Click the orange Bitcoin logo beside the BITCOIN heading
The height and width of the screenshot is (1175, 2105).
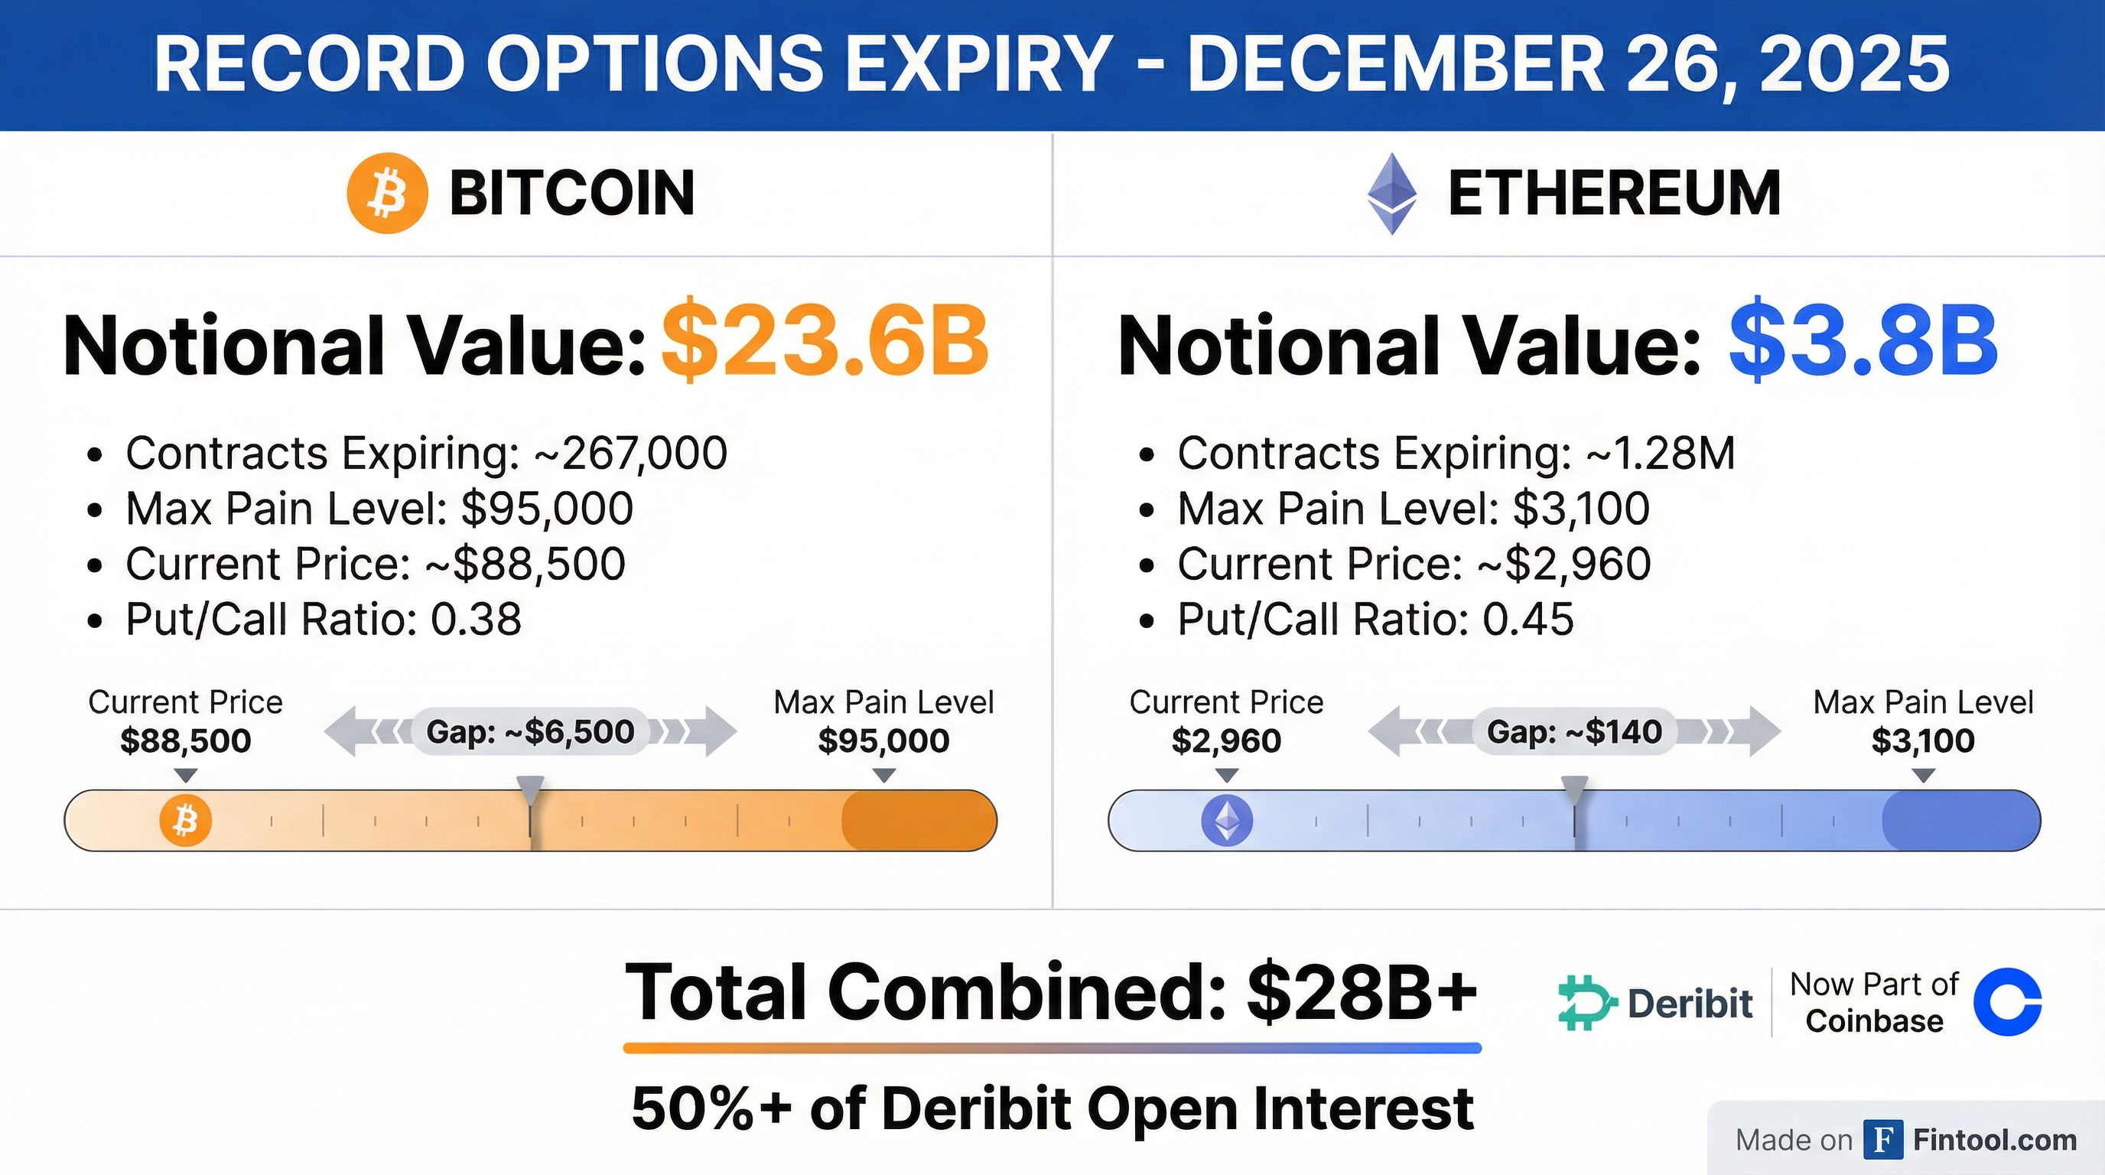click(387, 193)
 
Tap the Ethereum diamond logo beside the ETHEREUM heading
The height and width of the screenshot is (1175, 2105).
click(1391, 193)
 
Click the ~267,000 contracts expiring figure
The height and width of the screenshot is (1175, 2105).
click(630, 454)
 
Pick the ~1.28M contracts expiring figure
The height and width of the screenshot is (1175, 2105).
click(1661, 454)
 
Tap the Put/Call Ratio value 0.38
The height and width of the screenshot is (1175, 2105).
click(476, 620)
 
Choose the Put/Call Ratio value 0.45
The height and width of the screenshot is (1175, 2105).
click(1528, 620)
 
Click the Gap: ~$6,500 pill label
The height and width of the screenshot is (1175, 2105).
click(530, 731)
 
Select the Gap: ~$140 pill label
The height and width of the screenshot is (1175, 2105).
click(1574, 731)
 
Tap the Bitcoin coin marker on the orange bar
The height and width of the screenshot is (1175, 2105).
click(186, 820)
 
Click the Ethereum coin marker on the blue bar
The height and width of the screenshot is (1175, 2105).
click(1227, 820)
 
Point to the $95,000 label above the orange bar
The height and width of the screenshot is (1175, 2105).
click(883, 741)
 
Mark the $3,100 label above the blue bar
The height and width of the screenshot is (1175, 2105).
click(1923, 741)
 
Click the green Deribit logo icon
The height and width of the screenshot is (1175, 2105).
click(1586, 1002)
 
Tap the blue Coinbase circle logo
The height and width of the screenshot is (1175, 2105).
click(2007, 1002)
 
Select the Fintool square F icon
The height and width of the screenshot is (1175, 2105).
click(1883, 1140)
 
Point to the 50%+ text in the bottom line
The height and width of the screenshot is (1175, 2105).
click(711, 1108)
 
